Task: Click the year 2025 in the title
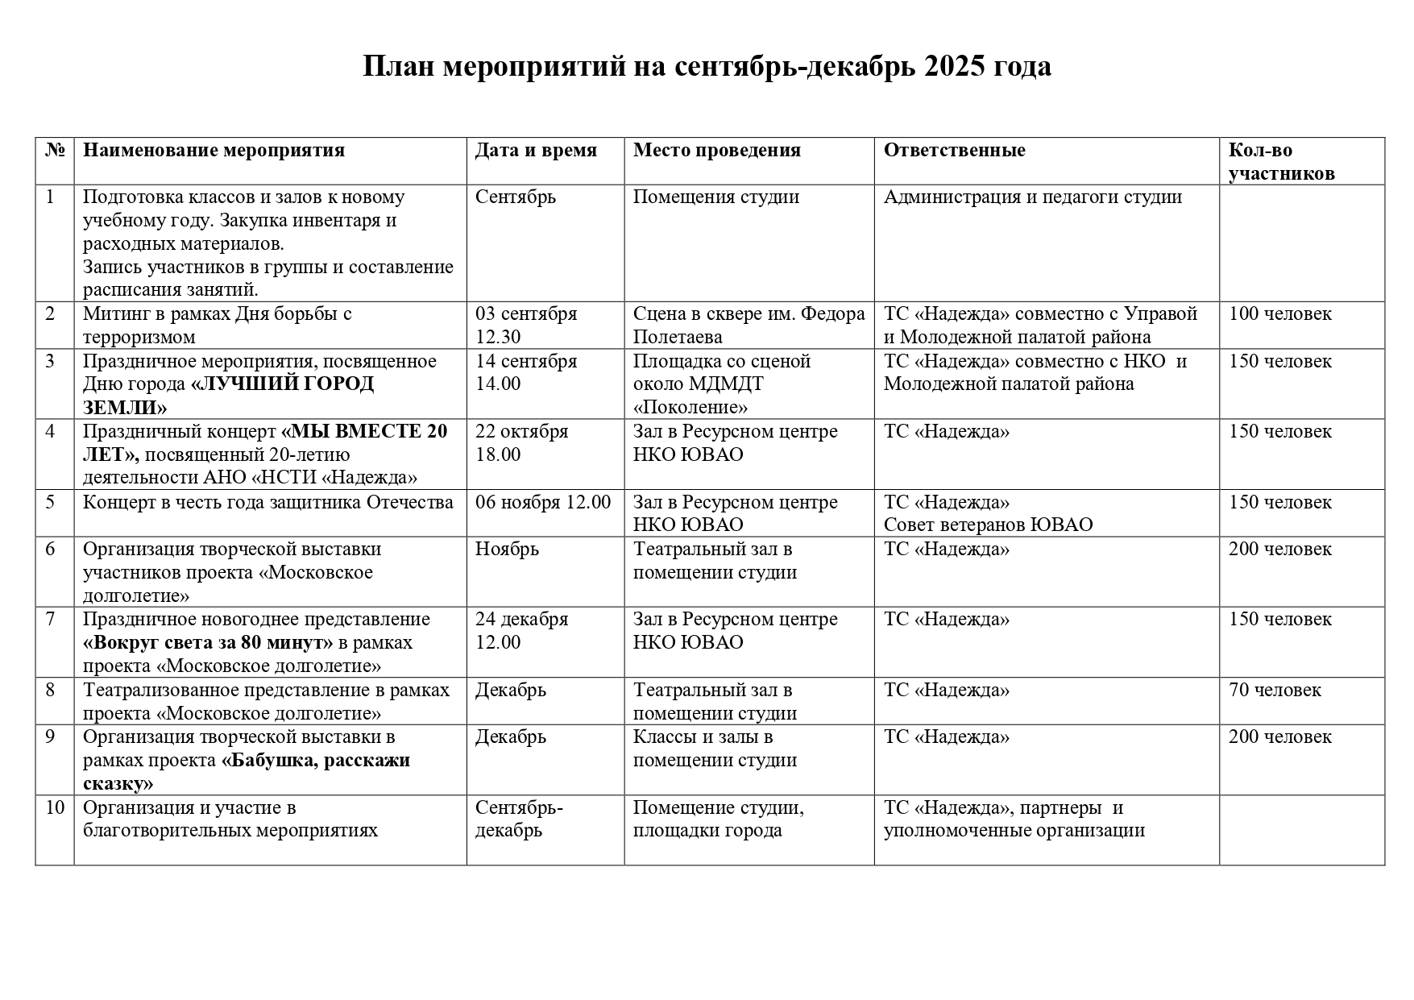pyautogui.click(x=954, y=66)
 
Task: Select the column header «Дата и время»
pyautogui.click(x=536, y=151)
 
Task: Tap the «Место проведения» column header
pyautogui.click(x=716, y=151)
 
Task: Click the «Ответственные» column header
pyautogui.click(x=954, y=151)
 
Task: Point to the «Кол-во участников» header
pyautogui.click(x=1281, y=162)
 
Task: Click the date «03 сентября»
pyautogui.click(x=526, y=313)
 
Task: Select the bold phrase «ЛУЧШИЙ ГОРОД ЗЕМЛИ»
pyautogui.click(x=229, y=395)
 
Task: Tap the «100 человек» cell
pyautogui.click(x=1279, y=313)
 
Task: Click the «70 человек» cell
pyautogui.click(x=1275, y=690)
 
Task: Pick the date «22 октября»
pyautogui.click(x=521, y=431)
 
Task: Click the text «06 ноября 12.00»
pyautogui.click(x=543, y=502)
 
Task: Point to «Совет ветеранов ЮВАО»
pyautogui.click(x=988, y=525)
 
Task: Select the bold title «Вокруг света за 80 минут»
pyautogui.click(x=208, y=642)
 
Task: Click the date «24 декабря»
pyautogui.click(x=521, y=619)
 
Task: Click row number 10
pyautogui.click(x=54, y=807)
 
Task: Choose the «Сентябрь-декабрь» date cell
pyautogui.click(x=518, y=819)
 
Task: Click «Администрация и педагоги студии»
pyautogui.click(x=1032, y=197)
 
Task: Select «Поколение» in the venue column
pyautogui.click(x=690, y=407)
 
